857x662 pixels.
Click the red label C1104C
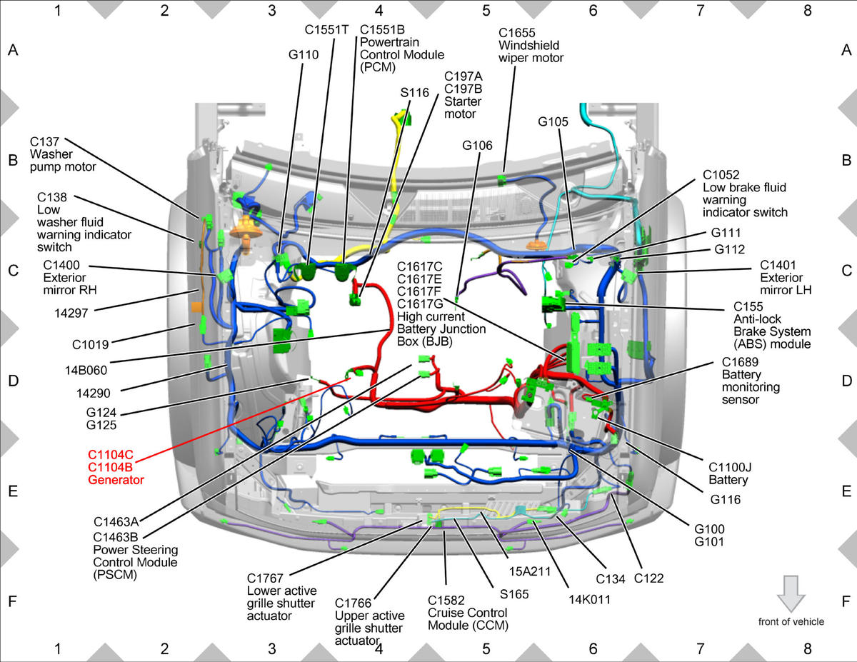111,455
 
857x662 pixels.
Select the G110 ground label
304,54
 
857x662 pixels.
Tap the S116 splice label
414,93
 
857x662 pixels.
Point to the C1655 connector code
516,33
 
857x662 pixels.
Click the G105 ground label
553,122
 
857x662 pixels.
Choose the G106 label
477,146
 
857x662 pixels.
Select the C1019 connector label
90,345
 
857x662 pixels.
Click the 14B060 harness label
86,371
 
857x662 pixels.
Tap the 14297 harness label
71,314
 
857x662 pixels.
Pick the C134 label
611,579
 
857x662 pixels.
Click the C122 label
648,578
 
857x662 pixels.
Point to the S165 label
514,594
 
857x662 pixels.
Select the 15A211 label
529,571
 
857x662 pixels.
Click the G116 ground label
726,500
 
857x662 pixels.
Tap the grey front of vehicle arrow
791,593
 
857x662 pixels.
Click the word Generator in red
116,480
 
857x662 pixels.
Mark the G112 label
730,249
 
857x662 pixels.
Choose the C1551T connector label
326,29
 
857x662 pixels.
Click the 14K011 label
589,600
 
